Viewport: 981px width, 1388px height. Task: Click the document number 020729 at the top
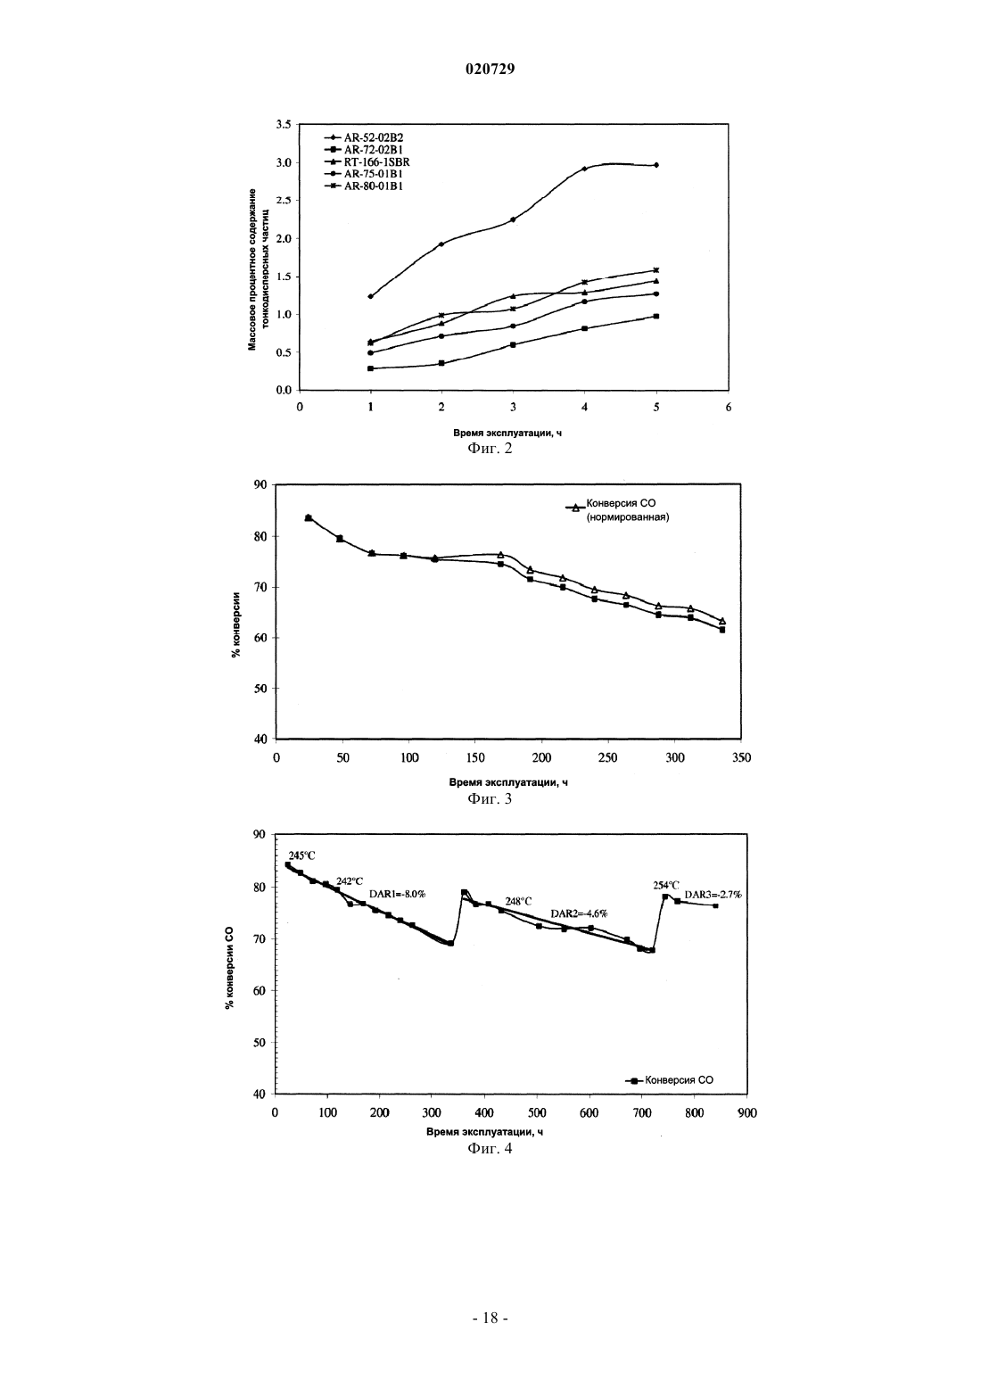[490, 70]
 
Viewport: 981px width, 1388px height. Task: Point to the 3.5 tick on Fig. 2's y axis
[283, 125]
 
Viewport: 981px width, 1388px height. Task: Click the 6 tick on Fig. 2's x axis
[729, 407]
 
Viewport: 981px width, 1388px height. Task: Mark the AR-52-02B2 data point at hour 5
[656, 165]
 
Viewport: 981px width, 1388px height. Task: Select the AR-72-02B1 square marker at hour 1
[370, 368]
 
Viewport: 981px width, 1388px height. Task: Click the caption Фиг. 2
[490, 448]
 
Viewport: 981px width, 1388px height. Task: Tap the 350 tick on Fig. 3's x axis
[741, 758]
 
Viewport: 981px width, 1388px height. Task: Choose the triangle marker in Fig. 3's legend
[575, 508]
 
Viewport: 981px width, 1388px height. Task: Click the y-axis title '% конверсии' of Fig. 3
[236, 624]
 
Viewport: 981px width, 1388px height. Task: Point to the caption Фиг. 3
[490, 798]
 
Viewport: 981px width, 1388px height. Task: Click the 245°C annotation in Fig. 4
[301, 856]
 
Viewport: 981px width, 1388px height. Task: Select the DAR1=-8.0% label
[397, 894]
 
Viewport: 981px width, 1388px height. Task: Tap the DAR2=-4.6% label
[579, 913]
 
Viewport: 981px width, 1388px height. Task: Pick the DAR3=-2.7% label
[713, 895]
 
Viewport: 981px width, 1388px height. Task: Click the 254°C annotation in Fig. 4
[666, 886]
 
